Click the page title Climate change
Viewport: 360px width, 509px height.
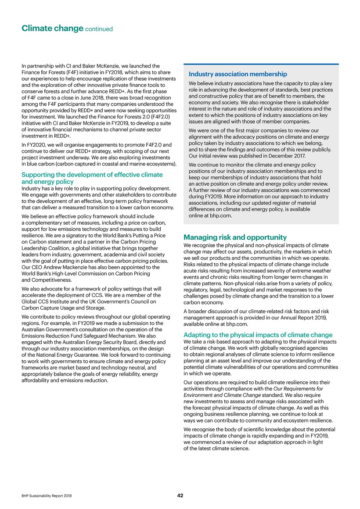pyautogui.click(x=53, y=29)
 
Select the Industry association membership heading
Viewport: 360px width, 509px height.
pyautogui.click(x=238, y=74)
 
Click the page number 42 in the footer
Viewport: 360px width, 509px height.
pyautogui.click(x=180, y=495)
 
